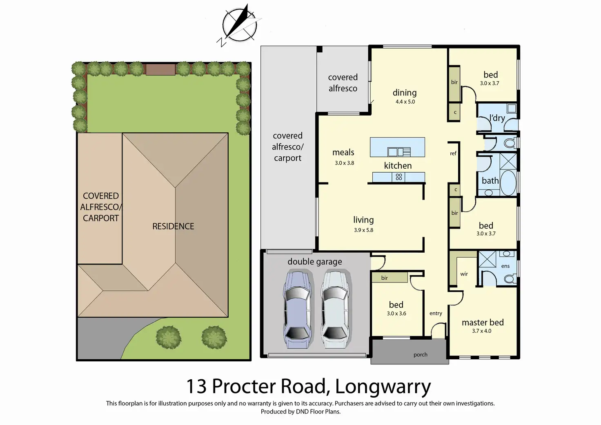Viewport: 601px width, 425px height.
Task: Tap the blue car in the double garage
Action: click(297, 309)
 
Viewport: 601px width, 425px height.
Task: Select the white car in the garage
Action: click(335, 309)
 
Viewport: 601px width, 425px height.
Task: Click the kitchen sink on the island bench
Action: click(399, 152)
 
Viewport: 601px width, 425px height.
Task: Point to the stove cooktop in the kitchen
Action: click(399, 177)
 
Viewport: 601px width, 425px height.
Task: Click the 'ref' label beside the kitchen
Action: click(453, 154)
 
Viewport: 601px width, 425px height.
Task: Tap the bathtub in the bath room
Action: click(508, 183)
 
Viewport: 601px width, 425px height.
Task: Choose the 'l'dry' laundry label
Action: click(497, 118)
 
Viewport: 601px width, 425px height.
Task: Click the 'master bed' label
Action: click(483, 322)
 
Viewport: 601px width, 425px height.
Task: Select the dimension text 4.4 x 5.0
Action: click(405, 102)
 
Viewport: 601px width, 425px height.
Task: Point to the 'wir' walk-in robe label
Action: click(464, 274)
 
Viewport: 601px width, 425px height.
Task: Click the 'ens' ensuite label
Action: click(505, 266)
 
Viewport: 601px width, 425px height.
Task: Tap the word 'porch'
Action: click(421, 355)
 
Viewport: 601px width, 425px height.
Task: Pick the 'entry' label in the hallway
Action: click(436, 314)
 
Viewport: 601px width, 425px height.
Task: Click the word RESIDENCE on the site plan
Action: click(173, 226)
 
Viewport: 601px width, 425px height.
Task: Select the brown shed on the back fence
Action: click(160, 69)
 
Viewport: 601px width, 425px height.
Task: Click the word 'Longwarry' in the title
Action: click(383, 387)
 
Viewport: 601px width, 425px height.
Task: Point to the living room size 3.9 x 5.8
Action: click(363, 230)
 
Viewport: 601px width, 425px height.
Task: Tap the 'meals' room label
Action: click(343, 152)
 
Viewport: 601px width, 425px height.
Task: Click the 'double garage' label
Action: click(315, 262)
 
